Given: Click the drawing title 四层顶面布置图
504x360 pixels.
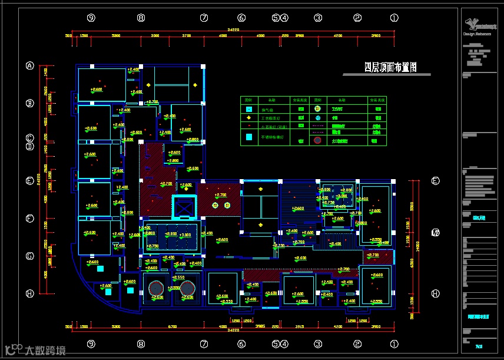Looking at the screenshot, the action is pyautogui.click(x=390, y=68).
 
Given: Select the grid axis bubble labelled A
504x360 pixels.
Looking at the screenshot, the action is pyautogui.click(x=30, y=65).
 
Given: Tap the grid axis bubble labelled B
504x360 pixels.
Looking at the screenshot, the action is pyautogui.click(x=30, y=104).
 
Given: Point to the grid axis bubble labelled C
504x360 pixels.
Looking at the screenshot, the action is pyautogui.click(x=30, y=138).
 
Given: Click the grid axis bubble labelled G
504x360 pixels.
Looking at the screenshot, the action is pyautogui.click(x=30, y=256).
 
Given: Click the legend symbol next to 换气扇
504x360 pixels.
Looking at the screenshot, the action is pyautogui.click(x=249, y=109).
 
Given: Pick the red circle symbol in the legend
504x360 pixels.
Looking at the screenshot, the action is pyautogui.click(x=318, y=141).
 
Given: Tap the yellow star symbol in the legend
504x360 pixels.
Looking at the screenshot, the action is pyautogui.click(x=249, y=118).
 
